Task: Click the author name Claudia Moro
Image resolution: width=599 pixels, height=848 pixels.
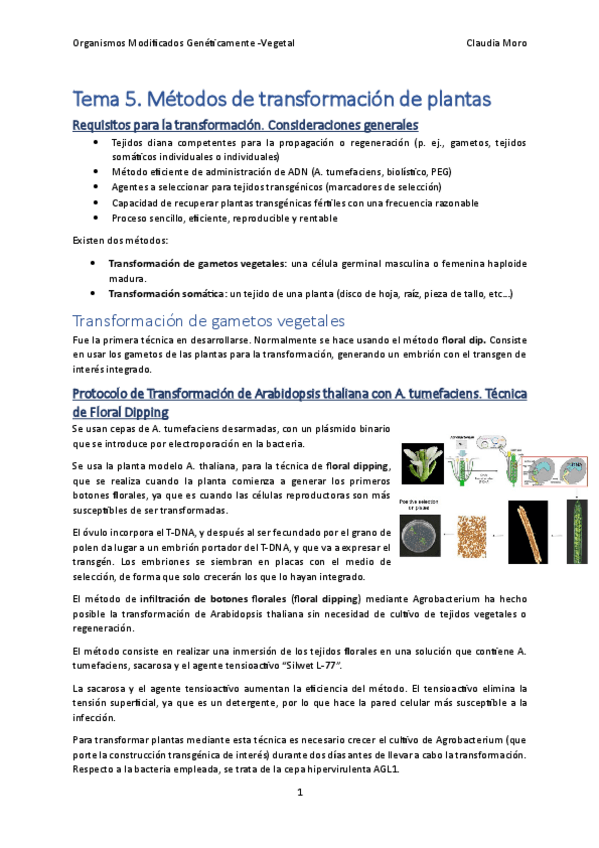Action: click(x=496, y=44)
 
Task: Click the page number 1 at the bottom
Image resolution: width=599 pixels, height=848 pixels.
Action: click(x=299, y=792)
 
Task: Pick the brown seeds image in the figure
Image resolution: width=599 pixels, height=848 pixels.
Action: click(x=478, y=536)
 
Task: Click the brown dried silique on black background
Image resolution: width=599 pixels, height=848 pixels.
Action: click(x=523, y=535)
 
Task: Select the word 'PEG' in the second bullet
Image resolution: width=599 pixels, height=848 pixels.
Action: click(x=440, y=171)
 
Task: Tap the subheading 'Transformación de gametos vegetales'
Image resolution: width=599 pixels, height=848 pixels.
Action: click(x=208, y=321)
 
